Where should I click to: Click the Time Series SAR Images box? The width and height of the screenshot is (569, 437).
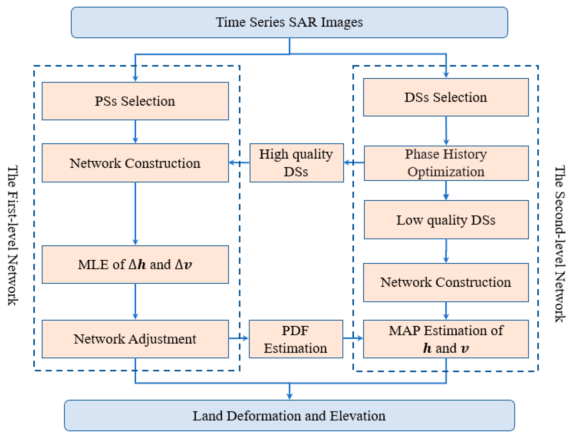pyautogui.click(x=289, y=22)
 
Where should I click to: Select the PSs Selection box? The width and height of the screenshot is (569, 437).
pyautogui.click(x=135, y=101)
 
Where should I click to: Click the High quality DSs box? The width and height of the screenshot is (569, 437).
pyautogui.click(x=296, y=163)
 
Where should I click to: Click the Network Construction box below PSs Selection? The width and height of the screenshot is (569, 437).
pyautogui.click(x=135, y=163)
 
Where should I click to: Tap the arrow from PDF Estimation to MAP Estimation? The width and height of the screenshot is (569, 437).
pyautogui.click(x=353, y=338)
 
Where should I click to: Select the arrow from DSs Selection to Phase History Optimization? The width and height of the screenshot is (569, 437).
pyautogui.click(x=446, y=131)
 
